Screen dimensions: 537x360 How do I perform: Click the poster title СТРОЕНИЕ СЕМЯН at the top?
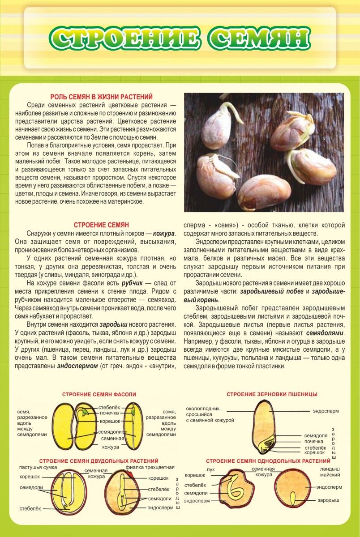(180, 38)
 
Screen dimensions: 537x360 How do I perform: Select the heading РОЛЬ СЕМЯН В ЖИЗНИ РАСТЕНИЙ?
(101, 96)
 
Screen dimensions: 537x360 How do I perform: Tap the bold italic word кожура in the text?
(163, 234)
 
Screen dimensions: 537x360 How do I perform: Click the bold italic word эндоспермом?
(77, 365)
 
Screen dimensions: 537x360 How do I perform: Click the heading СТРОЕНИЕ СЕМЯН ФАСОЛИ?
(99, 394)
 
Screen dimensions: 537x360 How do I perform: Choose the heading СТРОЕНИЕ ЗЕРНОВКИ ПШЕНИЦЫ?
(272, 394)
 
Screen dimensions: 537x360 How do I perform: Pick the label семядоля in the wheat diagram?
(316, 435)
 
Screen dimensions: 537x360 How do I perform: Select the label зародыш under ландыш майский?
(328, 499)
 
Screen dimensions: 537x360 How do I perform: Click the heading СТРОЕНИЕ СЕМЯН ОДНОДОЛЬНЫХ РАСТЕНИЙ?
(268, 461)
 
